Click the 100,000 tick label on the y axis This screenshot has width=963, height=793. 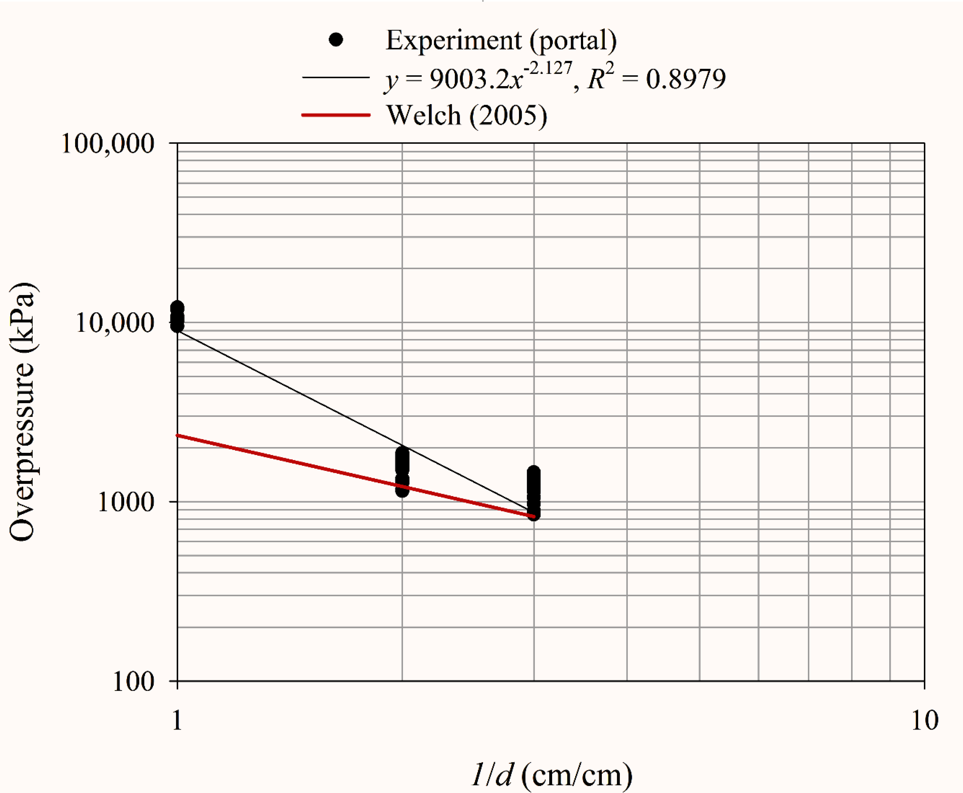tap(108, 144)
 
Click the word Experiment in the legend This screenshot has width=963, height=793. tap(453, 40)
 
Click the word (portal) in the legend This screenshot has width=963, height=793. tap(573, 40)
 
